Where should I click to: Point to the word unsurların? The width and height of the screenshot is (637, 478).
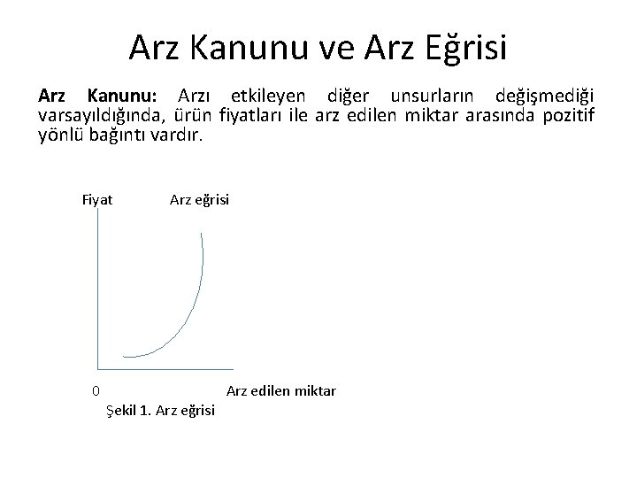tap(432, 95)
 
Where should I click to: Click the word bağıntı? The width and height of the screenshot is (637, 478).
tap(119, 135)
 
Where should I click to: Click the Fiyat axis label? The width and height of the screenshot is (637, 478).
tap(97, 200)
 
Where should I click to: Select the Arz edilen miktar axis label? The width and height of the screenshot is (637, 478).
tap(281, 390)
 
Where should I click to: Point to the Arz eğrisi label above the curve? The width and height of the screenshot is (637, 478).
tap(199, 200)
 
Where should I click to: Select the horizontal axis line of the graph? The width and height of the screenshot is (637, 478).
tap(165, 367)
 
